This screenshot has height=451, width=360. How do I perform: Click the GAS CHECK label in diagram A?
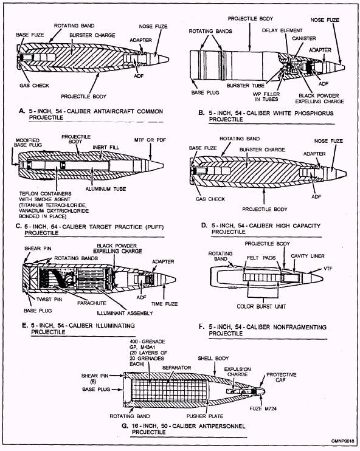(x=34, y=86)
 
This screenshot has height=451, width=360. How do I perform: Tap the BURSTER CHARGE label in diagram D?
(x=262, y=150)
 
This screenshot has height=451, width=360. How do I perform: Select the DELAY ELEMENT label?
(x=282, y=30)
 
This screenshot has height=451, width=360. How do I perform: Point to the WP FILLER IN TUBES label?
(x=266, y=97)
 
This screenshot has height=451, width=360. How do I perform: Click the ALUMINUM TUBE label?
(x=106, y=189)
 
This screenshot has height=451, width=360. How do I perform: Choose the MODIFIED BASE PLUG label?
(x=28, y=142)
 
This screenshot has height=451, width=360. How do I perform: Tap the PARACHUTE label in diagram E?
(x=92, y=303)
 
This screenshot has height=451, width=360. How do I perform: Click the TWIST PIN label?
(x=49, y=299)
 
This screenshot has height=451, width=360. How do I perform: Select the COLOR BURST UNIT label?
(x=261, y=306)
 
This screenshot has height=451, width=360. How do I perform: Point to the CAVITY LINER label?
(x=308, y=256)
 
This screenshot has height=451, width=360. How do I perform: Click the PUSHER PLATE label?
(x=205, y=416)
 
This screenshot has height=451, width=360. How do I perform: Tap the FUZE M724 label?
(x=263, y=408)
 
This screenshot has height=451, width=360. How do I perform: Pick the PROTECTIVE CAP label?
(x=281, y=377)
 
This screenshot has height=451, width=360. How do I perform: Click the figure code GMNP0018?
(x=342, y=441)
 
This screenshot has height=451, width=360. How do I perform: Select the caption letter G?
(x=124, y=425)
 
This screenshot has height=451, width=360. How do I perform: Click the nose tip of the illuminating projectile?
(x=176, y=279)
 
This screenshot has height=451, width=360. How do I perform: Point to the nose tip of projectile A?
(x=168, y=60)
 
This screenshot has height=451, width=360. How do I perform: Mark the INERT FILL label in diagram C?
(x=106, y=147)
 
